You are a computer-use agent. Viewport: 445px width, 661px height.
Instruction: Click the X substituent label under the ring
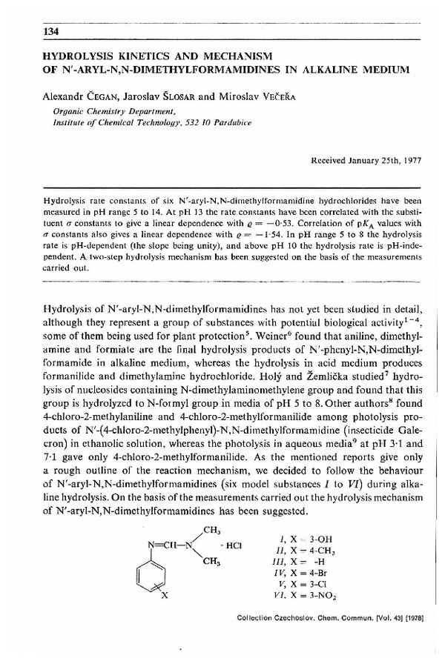pyautogui.click(x=165, y=596)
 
